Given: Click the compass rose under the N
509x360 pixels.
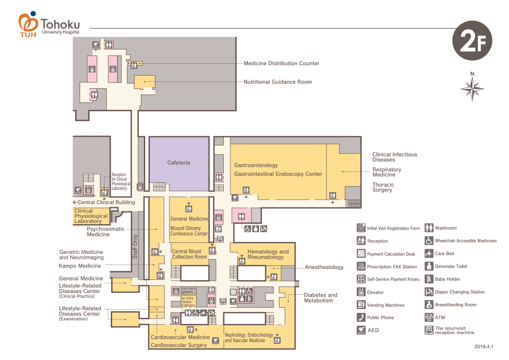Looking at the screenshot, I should pos(472,90).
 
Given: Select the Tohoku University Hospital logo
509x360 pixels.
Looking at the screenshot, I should pos(49,25).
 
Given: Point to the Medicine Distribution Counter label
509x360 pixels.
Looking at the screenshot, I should pos(281,63).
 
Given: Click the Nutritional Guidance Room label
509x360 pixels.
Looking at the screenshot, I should pos(278,82).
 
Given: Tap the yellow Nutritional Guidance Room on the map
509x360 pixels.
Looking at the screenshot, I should pos(144,82).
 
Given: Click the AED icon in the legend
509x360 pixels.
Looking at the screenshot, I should pos(361,330).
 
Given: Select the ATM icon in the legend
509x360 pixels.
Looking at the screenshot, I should pos(428,317).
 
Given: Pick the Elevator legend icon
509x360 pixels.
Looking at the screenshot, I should pos(361,292).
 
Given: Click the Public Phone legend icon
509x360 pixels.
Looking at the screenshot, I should pos(361,317).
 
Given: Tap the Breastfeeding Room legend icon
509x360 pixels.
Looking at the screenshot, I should pos(428,304).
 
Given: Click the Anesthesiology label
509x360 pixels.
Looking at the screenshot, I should pos(324,267).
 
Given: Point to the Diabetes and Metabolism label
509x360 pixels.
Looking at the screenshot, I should pos(321,298).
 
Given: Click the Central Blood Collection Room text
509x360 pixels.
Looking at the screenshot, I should pos(189,254).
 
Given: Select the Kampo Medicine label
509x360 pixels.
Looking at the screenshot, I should pos(80,266).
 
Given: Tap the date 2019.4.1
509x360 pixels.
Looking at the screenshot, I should pos(484,346).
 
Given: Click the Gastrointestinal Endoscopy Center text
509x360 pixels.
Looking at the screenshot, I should pos(278,174).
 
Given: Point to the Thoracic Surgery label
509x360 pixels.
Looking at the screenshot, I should pos(383,187).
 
